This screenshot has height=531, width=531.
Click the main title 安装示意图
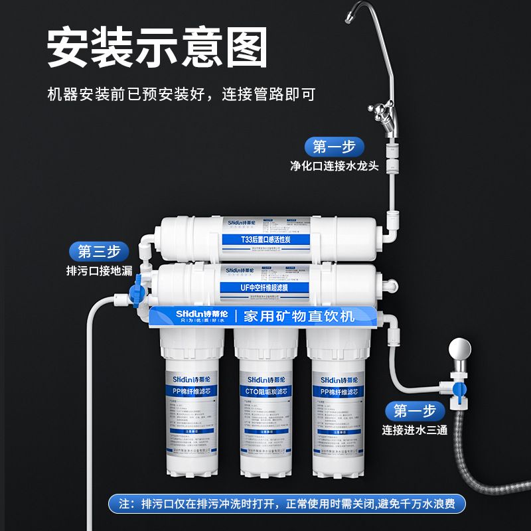[x=157, y=48]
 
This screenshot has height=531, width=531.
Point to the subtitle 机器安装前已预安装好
[x=126, y=94]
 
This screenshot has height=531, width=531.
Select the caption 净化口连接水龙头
[x=335, y=166]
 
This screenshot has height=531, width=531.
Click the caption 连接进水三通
[x=415, y=429]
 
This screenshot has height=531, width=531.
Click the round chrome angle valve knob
[x=458, y=348]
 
